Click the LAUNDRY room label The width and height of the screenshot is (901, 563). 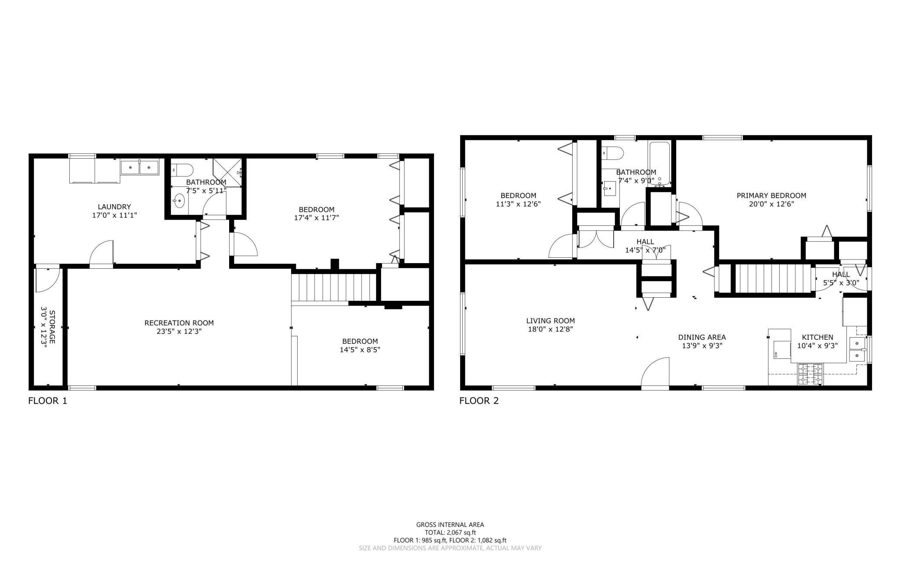pos(114,207)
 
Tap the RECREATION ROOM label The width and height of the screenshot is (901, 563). pos(179,323)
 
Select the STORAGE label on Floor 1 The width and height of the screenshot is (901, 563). pos(52,327)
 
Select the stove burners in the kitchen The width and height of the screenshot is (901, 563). pos(810,374)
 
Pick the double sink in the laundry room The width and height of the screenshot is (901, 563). pos(140,167)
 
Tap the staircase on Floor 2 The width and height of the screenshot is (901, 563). pos(773,279)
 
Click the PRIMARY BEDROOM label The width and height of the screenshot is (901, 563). pos(771,195)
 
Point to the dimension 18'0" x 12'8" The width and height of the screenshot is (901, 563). pos(551,329)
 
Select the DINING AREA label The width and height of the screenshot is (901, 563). pos(702,337)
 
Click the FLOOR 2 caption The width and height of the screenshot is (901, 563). pos(479,401)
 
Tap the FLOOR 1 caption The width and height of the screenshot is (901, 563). pos(48,401)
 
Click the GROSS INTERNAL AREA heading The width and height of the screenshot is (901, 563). pos(450,524)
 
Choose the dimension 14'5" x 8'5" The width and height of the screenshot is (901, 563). pos(360,350)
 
